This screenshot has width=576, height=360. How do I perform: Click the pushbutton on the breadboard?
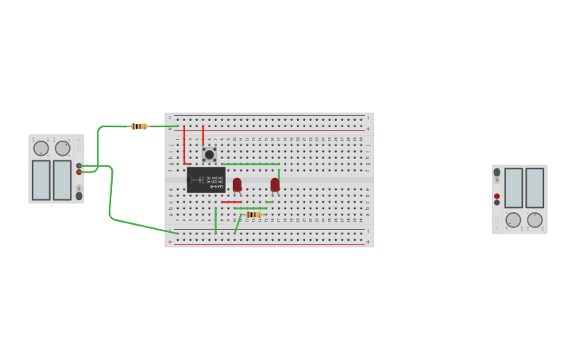tap(209, 154)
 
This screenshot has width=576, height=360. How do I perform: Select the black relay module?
tap(206, 180)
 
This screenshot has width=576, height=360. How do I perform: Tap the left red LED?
tap(237, 184)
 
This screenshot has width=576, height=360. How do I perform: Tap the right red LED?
tap(275, 184)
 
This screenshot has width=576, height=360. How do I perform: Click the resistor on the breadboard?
tap(253, 215)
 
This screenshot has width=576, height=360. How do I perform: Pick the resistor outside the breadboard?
tap(139, 126)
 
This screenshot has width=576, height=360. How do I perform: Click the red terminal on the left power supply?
tap(79, 172)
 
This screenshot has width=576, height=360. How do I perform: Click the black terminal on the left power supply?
tap(79, 165)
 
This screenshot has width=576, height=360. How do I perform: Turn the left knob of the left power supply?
tap(41, 148)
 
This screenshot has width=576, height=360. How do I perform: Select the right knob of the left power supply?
tap(63, 148)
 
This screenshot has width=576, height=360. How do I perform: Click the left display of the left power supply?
tap(41, 180)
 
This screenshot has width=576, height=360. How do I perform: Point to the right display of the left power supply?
tap(62, 180)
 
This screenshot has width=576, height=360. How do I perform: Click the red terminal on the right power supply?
tap(497, 196)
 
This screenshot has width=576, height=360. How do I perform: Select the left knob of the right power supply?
tap(513, 219)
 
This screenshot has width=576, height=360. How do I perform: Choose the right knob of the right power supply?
tap(535, 219)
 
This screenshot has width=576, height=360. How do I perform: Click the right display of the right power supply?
tap(535, 188)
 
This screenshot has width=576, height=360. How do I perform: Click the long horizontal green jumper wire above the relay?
tap(250, 164)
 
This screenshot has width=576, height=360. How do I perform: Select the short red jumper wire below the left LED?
tap(231, 202)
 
